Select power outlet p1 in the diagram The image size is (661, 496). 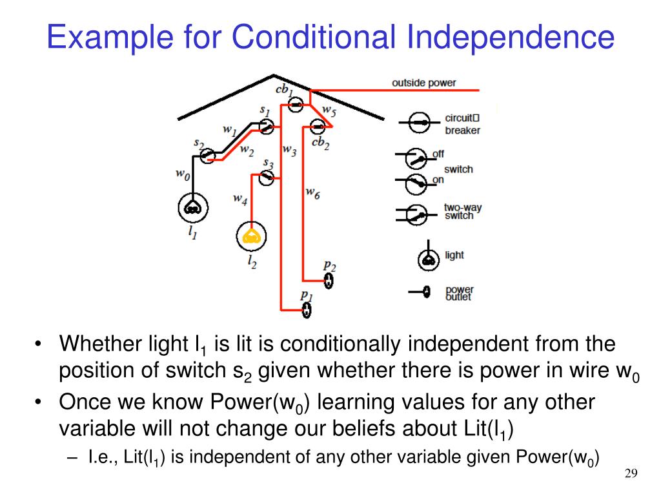point(307,310)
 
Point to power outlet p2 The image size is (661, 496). point(329,280)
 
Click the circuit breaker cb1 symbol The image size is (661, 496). point(296,105)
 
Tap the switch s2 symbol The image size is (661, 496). point(207,155)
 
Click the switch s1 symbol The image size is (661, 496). point(267,127)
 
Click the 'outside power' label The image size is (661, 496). point(423,83)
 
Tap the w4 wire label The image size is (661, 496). point(240,200)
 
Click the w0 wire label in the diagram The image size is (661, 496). point(183,174)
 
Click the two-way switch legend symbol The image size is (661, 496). point(417,213)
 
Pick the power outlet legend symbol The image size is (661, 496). point(425,293)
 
